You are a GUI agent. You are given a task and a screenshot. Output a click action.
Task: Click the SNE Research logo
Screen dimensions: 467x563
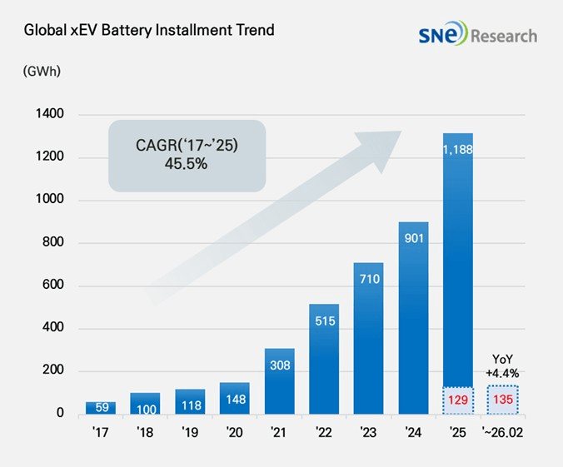[x=478, y=35]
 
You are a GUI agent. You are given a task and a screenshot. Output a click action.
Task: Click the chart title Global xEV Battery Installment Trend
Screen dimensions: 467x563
[x=149, y=31]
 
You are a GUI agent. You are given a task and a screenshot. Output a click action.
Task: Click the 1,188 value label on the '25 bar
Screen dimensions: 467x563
[x=457, y=151]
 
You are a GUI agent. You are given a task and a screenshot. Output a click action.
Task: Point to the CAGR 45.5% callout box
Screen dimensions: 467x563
[x=187, y=153]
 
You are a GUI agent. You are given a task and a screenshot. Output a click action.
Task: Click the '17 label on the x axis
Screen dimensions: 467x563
[x=101, y=433]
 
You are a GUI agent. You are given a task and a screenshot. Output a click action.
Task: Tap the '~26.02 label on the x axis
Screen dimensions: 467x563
[x=503, y=433]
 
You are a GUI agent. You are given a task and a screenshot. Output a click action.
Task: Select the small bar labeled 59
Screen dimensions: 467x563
[x=101, y=408]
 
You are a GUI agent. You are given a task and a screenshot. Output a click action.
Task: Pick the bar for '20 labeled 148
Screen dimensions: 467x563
[x=234, y=398]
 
